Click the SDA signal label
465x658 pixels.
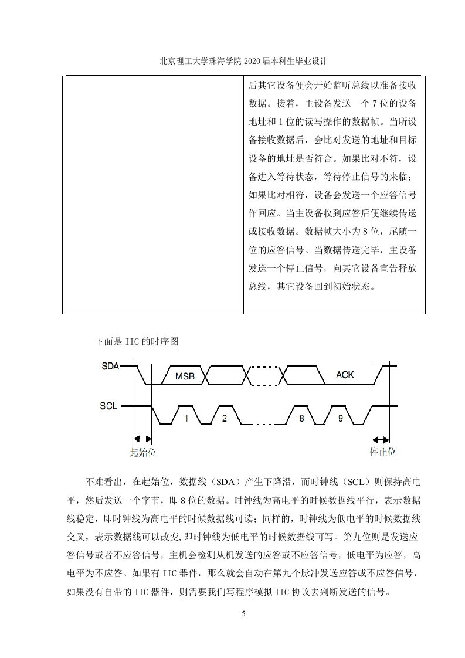(x=110, y=366)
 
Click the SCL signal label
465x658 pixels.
(x=108, y=406)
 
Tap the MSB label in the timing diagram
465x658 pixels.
(x=185, y=377)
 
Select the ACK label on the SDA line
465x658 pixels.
(x=345, y=375)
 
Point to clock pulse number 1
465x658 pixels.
(x=186, y=418)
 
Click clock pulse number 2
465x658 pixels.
(x=224, y=418)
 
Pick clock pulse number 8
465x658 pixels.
(x=301, y=418)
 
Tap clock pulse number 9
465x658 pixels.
(x=340, y=418)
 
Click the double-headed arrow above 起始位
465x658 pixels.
(x=142, y=439)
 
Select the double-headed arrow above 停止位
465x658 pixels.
(x=381, y=440)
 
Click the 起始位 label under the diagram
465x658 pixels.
(x=142, y=452)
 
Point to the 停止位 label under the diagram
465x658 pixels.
(x=382, y=452)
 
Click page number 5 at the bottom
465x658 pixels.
(x=244, y=613)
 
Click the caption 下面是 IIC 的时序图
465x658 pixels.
(x=137, y=341)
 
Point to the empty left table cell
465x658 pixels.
(x=153, y=195)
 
